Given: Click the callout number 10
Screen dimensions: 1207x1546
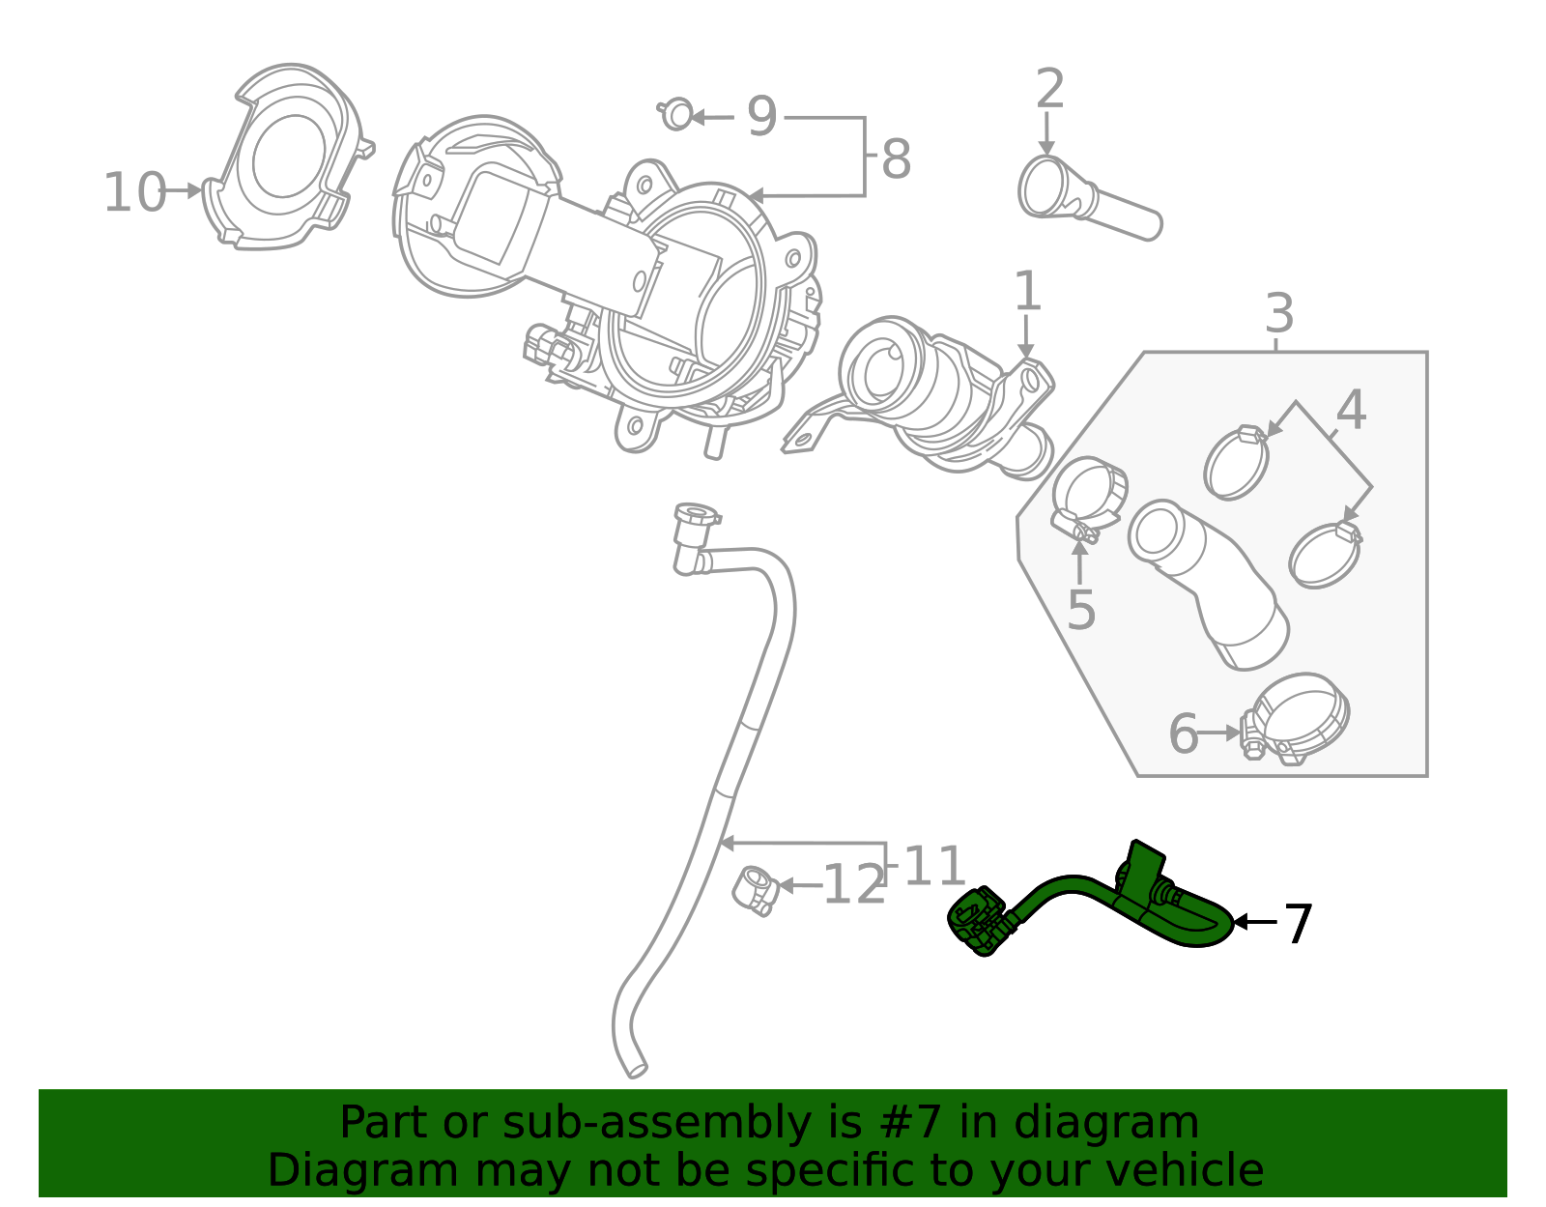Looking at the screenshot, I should (x=134, y=192).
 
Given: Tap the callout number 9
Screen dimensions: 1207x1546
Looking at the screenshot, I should (x=761, y=117).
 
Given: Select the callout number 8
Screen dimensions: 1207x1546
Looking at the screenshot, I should (x=896, y=159).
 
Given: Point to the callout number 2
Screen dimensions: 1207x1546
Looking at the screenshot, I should (x=1049, y=90).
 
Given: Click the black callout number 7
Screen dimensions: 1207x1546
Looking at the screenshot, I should (x=1298, y=924).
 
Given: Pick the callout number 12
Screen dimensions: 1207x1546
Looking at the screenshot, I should (x=853, y=885).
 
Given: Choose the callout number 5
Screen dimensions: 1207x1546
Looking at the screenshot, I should (x=1081, y=611).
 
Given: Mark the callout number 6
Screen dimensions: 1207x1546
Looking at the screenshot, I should (x=1183, y=734).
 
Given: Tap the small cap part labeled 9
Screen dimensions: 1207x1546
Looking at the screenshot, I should (x=677, y=115).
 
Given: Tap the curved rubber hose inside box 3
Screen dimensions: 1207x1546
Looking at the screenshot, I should (x=1208, y=580).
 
